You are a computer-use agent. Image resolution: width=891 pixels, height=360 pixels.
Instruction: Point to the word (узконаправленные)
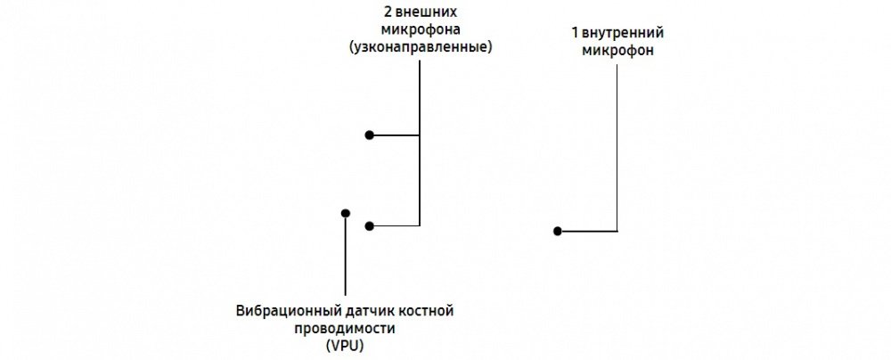(420, 46)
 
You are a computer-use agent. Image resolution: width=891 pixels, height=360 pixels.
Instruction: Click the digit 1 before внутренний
(575, 34)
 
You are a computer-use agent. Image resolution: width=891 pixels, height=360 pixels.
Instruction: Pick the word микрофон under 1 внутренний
(617, 51)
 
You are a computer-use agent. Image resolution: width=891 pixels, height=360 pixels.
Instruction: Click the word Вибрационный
(281, 311)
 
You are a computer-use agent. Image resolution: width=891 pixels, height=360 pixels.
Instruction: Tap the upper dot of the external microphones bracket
(369, 135)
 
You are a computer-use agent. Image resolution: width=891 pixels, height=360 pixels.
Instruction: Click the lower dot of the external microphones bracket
(369, 226)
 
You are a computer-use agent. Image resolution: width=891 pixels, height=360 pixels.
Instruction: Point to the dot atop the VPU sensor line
(345, 213)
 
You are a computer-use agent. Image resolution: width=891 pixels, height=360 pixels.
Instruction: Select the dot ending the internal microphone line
(557, 231)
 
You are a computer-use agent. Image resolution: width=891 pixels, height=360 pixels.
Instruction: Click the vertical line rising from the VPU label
(345, 258)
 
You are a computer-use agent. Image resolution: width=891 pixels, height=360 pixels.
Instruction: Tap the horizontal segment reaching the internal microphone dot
(588, 231)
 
